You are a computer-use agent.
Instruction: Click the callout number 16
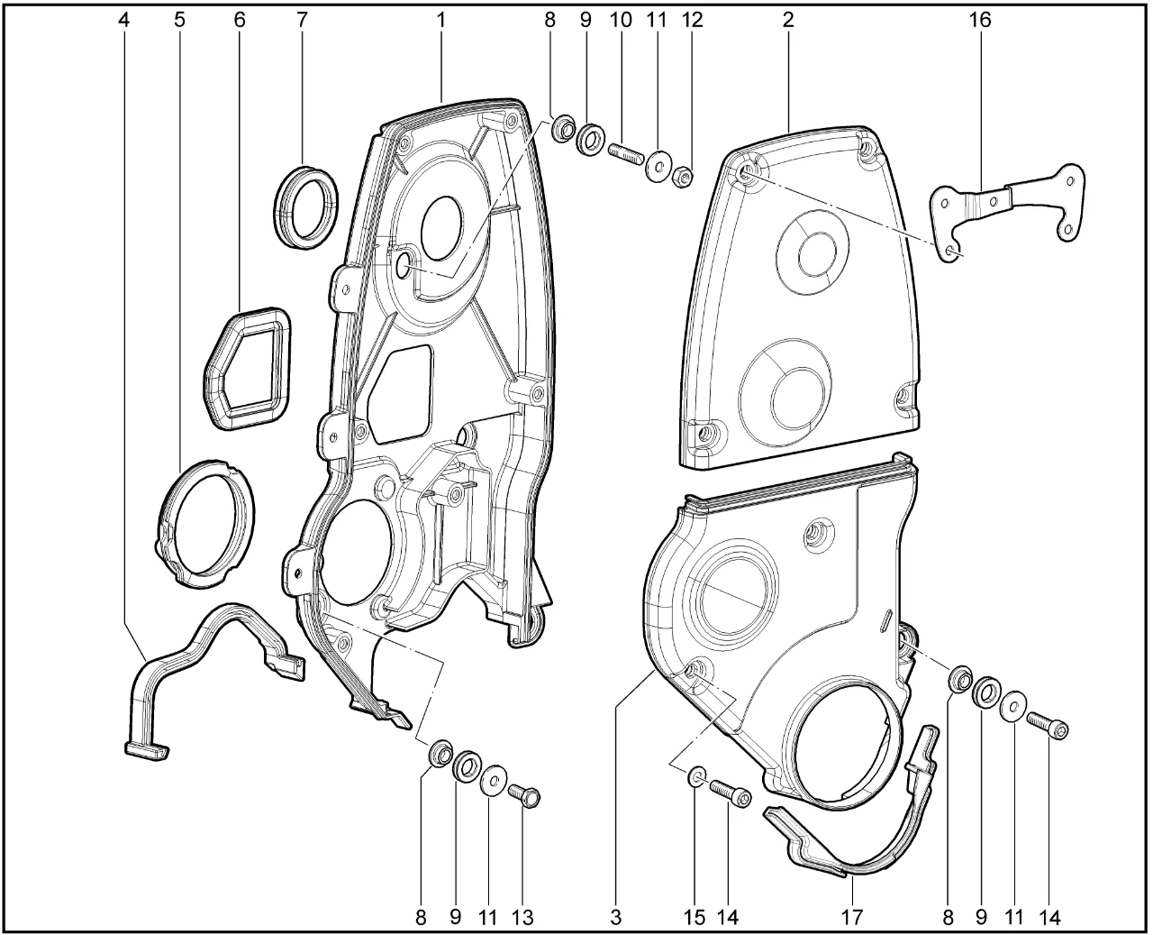(979, 20)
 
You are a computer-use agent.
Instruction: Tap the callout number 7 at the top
(302, 20)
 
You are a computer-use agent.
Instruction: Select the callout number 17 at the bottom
(851, 917)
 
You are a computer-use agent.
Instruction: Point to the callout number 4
(124, 20)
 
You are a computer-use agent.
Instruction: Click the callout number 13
(522, 917)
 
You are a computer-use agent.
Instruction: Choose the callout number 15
(695, 917)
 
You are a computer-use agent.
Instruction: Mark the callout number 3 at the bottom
(615, 917)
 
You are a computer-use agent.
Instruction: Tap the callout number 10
(621, 20)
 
